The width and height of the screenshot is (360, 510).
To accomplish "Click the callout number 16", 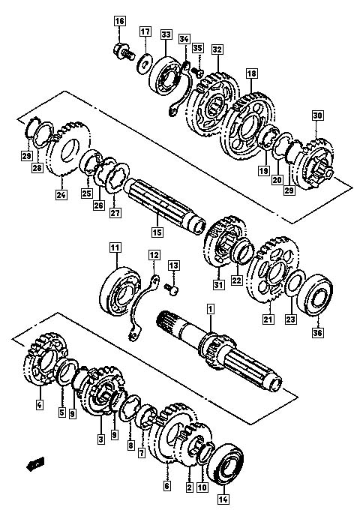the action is [x=119, y=22].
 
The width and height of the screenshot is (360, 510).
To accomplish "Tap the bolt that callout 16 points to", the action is [x=124, y=52].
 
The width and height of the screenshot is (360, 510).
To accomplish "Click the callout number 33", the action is [x=166, y=34].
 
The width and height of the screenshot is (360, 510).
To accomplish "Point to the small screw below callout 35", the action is [x=196, y=70].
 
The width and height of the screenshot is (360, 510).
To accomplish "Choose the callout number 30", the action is [x=318, y=115].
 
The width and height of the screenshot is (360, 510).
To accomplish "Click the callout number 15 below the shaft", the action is [x=157, y=232].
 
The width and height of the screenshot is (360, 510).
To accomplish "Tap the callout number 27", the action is [x=115, y=213].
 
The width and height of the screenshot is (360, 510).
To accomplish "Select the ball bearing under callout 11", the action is [x=120, y=291].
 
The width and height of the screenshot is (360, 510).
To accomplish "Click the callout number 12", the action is [x=154, y=255].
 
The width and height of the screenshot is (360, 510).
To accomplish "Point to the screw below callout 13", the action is [x=172, y=289].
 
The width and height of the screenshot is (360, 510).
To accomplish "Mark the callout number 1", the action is [x=211, y=309].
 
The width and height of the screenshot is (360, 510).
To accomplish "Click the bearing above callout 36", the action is [x=315, y=295].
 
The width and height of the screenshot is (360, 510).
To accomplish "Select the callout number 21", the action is [x=268, y=319].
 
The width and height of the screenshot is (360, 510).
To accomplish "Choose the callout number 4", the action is [x=39, y=405].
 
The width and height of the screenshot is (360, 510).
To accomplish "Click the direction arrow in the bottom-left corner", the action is [x=35, y=464].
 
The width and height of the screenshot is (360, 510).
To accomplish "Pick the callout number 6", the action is [x=166, y=486].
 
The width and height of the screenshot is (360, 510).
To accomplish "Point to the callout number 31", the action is [x=219, y=284].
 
